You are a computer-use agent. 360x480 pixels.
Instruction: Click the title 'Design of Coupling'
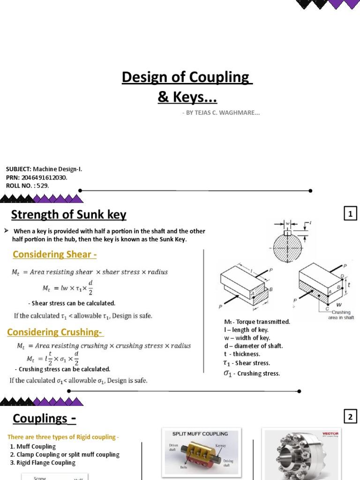coord(187,77)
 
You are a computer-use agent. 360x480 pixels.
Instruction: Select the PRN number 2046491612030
coord(45,178)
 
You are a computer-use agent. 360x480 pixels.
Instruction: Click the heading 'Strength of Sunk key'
coord(68,215)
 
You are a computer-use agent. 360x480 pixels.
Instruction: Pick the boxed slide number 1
coord(350,215)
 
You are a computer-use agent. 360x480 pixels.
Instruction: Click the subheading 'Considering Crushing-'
coord(55,332)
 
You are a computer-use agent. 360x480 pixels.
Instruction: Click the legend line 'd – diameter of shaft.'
coord(254,346)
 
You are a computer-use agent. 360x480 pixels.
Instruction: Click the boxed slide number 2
coord(350,416)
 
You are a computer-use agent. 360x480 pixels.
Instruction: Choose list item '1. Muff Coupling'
coord(33,446)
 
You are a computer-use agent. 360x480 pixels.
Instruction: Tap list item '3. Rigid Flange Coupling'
coord(43,463)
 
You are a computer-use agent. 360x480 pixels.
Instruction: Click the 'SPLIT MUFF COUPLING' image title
coord(201,434)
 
